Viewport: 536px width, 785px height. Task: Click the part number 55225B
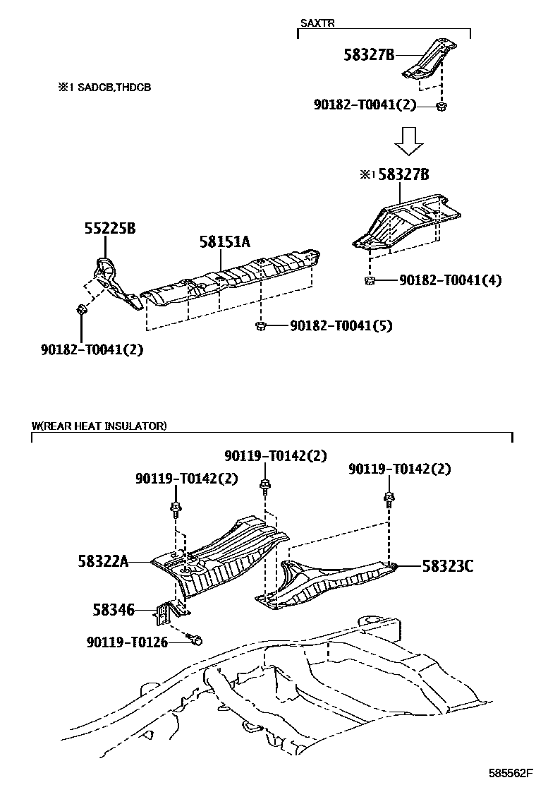tap(110, 229)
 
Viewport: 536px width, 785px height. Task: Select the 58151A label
tap(224, 242)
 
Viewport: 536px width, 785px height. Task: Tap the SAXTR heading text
tap(317, 23)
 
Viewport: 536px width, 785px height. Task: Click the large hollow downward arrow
tap(408, 140)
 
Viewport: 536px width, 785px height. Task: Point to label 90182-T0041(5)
tap(341, 325)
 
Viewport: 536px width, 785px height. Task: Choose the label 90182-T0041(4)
tap(450, 280)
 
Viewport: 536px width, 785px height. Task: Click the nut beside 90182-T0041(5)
tap(260, 325)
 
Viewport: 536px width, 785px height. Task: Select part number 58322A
tap(103, 561)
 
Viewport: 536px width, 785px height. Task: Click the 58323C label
tap(448, 565)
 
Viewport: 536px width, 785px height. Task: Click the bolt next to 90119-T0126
tap(197, 640)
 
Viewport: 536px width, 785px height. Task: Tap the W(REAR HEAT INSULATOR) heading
tap(99, 426)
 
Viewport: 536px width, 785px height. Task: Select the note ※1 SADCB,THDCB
tap(104, 88)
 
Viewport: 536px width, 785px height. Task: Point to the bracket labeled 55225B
tap(110, 280)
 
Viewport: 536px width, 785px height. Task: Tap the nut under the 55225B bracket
tap(82, 308)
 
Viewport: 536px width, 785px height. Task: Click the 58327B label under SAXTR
tap(370, 54)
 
